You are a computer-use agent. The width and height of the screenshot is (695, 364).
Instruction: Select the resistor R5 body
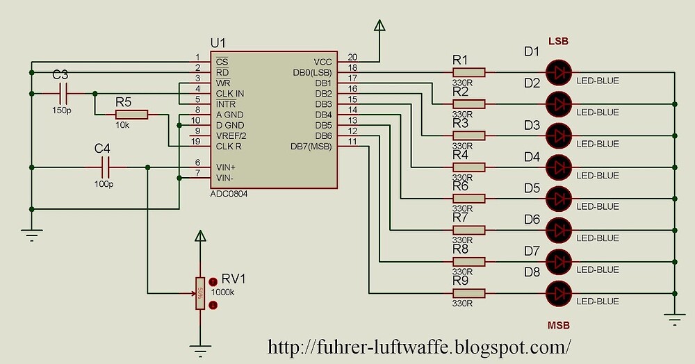click(132, 114)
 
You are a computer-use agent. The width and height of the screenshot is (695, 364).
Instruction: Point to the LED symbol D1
click(559, 72)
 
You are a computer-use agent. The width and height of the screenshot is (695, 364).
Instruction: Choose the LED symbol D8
click(559, 292)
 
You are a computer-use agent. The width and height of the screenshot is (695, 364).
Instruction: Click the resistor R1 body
click(468, 72)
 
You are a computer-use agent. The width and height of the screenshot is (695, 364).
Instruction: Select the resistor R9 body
click(468, 292)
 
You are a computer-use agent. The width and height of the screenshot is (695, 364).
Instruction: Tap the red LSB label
click(559, 42)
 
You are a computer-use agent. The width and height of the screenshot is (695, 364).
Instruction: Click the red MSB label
click(559, 324)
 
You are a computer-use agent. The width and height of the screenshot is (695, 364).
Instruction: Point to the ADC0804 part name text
click(229, 195)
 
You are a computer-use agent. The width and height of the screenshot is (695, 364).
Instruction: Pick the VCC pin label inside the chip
click(322, 62)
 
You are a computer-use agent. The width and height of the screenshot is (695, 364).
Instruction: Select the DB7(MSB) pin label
click(311, 147)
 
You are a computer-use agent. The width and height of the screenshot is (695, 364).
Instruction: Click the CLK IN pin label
click(230, 94)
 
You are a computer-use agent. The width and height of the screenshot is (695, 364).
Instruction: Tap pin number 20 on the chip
click(352, 57)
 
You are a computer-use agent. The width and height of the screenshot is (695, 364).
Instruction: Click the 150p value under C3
click(61, 110)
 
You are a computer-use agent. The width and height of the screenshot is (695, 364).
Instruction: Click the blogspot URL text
click(420, 345)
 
